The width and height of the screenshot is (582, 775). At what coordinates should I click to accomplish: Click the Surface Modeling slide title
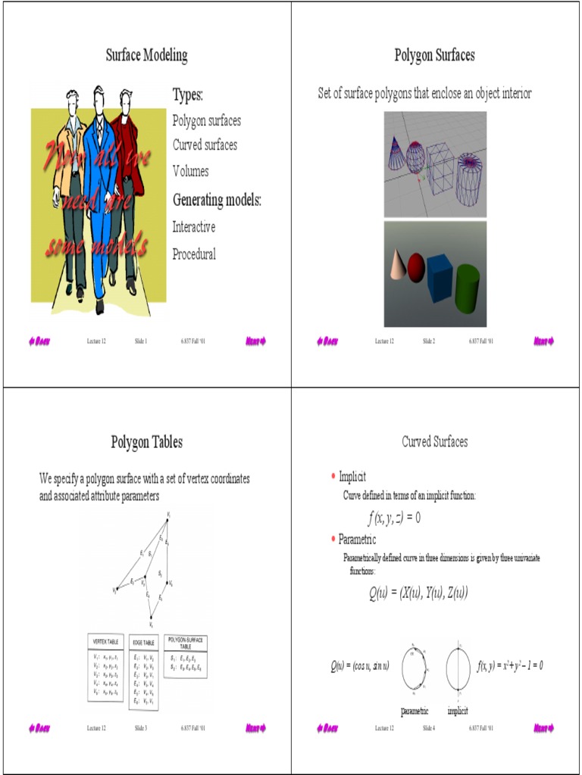tap(146, 55)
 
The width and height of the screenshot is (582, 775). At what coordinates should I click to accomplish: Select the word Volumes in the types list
tap(190, 171)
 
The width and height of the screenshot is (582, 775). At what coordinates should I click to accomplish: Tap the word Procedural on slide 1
tap(194, 254)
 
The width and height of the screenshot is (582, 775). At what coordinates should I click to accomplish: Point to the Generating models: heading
tap(217, 201)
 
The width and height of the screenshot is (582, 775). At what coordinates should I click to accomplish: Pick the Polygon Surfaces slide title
tap(434, 55)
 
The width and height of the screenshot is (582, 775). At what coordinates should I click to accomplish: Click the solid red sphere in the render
tap(416, 266)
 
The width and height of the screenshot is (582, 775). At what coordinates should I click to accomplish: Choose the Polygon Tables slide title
tap(146, 442)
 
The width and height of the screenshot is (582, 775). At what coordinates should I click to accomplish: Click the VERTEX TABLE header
tap(105, 642)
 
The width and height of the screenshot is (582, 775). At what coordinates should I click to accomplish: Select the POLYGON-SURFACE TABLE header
tap(185, 643)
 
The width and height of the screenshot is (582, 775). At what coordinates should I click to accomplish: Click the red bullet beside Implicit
tap(333, 475)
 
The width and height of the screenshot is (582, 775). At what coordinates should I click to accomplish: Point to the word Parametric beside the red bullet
tap(357, 540)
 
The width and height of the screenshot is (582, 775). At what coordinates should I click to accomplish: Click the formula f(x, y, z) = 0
tap(394, 518)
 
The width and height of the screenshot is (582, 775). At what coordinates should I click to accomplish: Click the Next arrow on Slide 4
tap(543, 728)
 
